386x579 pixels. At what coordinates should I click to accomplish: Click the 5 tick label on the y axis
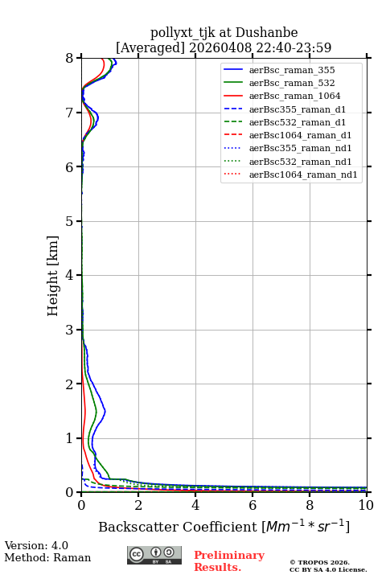click(x=70, y=222)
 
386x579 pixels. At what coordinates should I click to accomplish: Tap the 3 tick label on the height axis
click(x=70, y=330)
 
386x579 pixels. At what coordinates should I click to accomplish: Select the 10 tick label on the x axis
click(x=366, y=505)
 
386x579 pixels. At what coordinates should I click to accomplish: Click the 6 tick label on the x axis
click(x=253, y=505)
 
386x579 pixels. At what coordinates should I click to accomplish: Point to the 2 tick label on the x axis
click(x=138, y=505)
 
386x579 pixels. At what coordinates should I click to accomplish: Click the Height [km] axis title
click(x=53, y=276)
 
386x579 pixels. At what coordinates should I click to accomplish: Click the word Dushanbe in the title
click(x=267, y=33)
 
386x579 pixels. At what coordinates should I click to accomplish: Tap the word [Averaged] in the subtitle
click(x=150, y=47)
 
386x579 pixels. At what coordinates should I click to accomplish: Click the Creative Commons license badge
click(x=154, y=555)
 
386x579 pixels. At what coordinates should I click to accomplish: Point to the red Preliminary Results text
click(x=229, y=561)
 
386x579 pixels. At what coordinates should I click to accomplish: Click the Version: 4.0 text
click(x=36, y=545)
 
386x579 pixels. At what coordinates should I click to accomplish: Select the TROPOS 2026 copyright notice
click(x=320, y=562)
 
